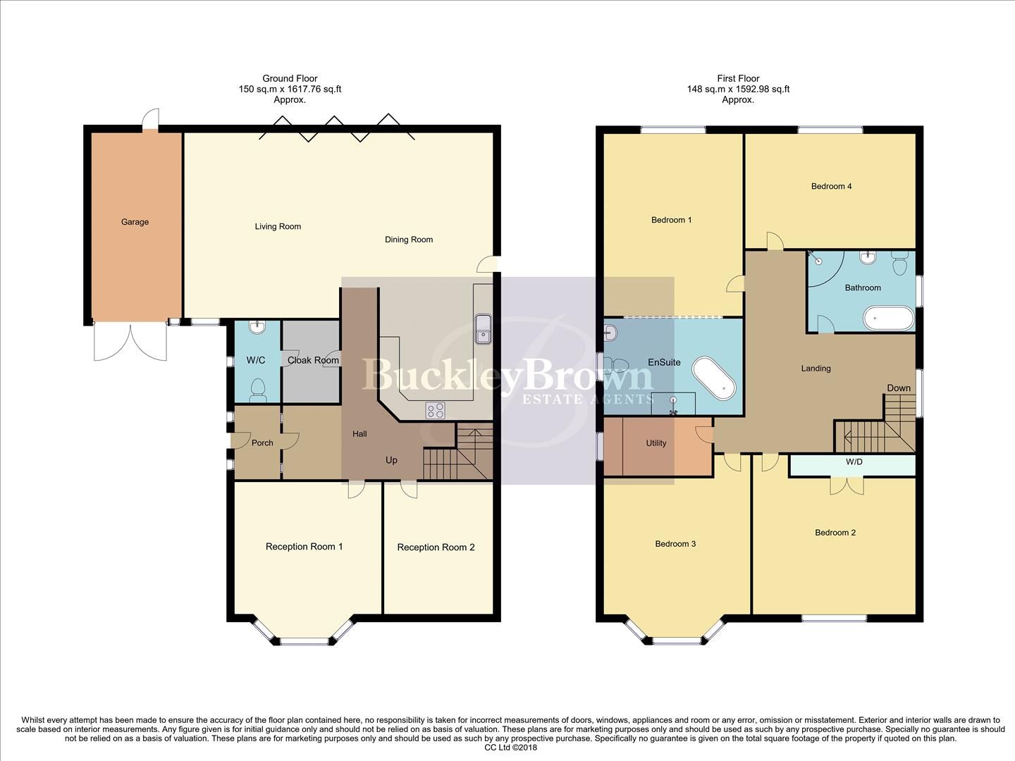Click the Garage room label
135,222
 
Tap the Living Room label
278,227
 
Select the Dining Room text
409,240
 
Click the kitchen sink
484,330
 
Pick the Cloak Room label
313,360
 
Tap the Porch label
262,443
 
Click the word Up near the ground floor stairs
391,460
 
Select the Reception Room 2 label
436,547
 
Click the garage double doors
130,342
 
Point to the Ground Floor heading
290,79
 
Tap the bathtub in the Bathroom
888,318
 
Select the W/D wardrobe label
854,462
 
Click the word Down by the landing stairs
899,388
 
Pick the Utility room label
656,443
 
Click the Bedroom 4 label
832,187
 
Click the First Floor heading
738,79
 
